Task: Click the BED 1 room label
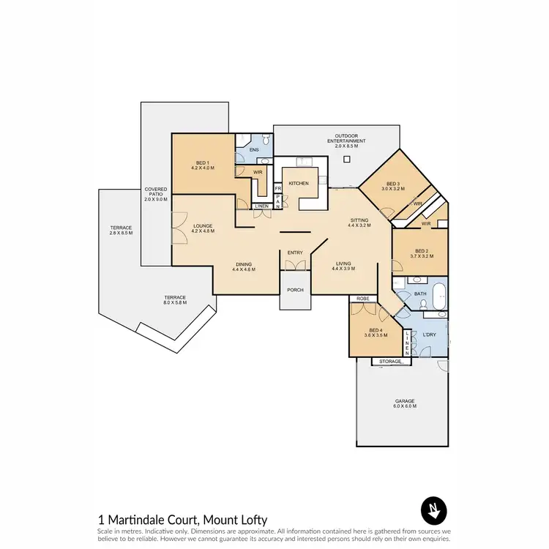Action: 202,163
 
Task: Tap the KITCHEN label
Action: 298,183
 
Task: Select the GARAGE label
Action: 405,401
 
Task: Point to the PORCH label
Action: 295,290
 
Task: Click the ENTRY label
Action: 295,253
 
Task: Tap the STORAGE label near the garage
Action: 391,362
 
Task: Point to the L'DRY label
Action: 430,335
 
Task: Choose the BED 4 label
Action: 376,332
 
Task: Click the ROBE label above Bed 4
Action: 362,299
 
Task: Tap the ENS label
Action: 254,149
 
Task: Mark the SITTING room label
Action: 359,220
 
